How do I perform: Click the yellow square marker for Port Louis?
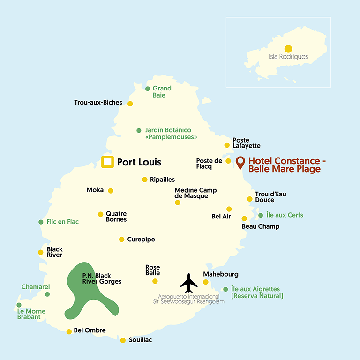pyautogui.click(x=108, y=162)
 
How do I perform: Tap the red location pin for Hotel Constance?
pyautogui.click(x=240, y=162)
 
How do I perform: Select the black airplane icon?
pyautogui.click(x=189, y=282)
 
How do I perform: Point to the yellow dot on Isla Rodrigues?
pyautogui.click(x=288, y=48)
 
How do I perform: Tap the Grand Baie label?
pyautogui.click(x=162, y=91)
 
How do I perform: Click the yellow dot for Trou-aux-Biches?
pyautogui.click(x=130, y=104)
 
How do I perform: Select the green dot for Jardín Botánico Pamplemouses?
pyautogui.click(x=139, y=130)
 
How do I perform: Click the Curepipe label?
pyautogui.click(x=141, y=240)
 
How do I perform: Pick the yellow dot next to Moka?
pyautogui.click(x=111, y=191)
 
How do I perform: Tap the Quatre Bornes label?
pyautogui.click(x=116, y=217)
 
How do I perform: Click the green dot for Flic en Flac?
pyautogui.click(x=41, y=222)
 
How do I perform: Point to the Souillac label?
pyautogui.click(x=140, y=340)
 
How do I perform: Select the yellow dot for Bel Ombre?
pyautogui.click(x=69, y=331)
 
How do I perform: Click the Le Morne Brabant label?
pyautogui.click(x=29, y=314)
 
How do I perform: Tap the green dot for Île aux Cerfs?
pyautogui.click(x=261, y=215)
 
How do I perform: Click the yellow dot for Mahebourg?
pyautogui.click(x=205, y=282)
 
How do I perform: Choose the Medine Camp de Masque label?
pyautogui.click(x=195, y=193)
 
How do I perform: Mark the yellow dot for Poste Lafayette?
pyautogui.click(x=227, y=145)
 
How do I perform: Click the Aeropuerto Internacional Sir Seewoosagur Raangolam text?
pyautogui.click(x=191, y=299)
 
